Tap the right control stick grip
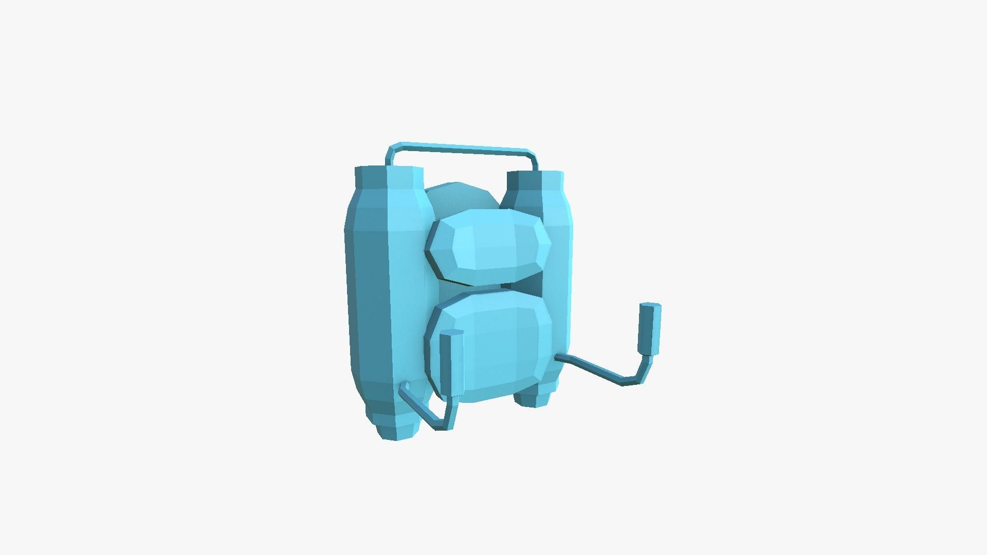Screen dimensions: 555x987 (649, 329)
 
